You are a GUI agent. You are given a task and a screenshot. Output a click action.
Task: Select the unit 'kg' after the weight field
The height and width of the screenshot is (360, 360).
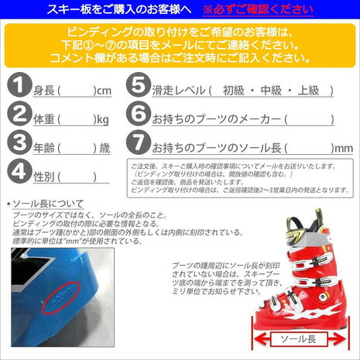click(x=103, y=119)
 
